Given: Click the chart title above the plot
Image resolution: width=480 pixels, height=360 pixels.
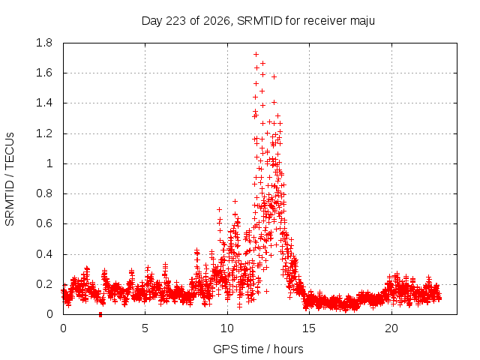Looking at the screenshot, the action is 258,21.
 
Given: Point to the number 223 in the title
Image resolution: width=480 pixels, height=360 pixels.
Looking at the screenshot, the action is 175,21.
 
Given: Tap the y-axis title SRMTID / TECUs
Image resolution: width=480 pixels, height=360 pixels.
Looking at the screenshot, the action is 10,179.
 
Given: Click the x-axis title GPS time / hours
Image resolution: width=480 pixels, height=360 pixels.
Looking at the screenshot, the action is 258,349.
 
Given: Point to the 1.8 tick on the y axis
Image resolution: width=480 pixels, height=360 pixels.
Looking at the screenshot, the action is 44,43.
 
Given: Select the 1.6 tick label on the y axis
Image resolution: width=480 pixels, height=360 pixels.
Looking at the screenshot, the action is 44,73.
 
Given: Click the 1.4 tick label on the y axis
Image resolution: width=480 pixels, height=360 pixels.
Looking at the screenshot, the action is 44,103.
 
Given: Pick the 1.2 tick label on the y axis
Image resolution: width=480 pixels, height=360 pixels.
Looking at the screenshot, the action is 44,133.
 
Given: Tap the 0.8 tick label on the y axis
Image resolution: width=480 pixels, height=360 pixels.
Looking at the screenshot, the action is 44,193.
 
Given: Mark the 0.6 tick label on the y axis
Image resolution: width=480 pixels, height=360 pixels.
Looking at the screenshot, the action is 44,223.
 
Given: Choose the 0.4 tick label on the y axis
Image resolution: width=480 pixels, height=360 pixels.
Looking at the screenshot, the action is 44,254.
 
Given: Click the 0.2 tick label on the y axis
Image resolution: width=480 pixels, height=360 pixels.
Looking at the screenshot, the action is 44,284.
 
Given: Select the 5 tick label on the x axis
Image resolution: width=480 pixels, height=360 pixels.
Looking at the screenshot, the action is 145,328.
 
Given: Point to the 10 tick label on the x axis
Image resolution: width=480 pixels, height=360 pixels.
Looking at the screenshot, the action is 227,328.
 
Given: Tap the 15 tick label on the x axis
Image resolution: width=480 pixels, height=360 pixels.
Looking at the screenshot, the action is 309,328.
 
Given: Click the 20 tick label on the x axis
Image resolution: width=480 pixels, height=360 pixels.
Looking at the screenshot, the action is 391,328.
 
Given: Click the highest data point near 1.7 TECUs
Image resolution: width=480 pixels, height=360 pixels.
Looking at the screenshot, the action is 256,55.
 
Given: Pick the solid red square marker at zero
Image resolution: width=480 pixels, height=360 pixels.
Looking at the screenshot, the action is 100,315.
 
